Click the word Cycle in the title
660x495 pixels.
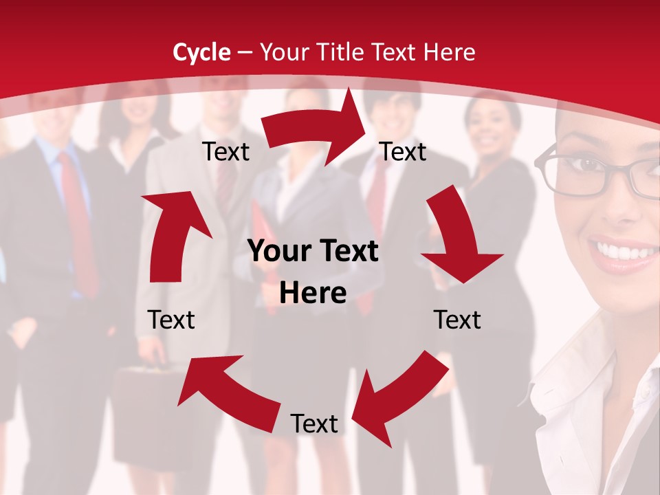pos(201,52)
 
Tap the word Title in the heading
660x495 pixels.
pos(342,52)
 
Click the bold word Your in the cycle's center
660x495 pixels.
pos(277,252)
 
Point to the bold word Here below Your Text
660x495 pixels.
pos(313,294)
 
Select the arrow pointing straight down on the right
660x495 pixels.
pos(456,237)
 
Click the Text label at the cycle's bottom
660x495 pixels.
pos(314,424)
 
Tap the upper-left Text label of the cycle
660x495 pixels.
pos(225,152)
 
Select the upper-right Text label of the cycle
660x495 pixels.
pos(403,152)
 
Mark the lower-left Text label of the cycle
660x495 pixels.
pos(171,320)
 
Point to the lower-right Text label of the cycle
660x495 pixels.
pos(457,320)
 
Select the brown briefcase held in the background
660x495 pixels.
pos(148,412)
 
